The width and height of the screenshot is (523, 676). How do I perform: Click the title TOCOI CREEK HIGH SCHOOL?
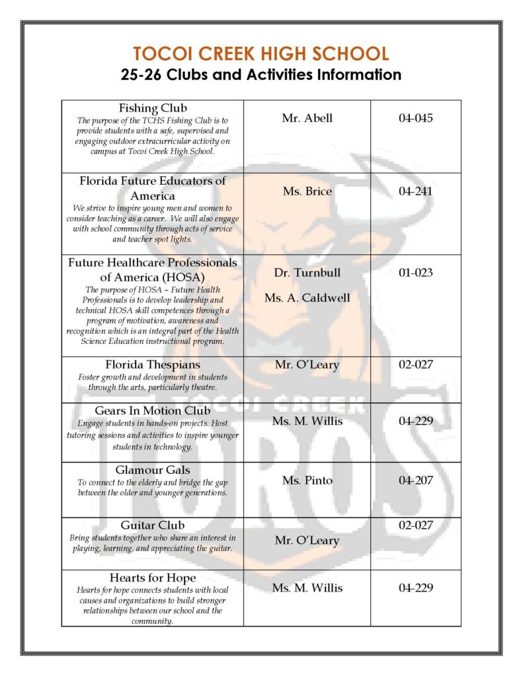point(261,53)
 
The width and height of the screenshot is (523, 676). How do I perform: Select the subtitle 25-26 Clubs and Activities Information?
point(261,74)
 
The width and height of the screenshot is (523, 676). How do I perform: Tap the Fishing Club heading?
point(153,108)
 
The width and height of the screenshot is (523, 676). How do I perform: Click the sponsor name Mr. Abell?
point(307,119)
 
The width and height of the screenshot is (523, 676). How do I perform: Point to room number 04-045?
point(415,119)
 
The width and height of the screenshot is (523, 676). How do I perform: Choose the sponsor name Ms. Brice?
point(307,191)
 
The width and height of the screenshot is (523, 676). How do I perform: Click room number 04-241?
point(415,191)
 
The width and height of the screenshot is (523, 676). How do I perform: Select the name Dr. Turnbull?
point(307,273)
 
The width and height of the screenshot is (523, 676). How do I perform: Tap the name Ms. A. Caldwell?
point(307,298)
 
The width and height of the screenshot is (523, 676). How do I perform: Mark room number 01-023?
point(415,273)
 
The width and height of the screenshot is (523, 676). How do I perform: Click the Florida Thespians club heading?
point(153,365)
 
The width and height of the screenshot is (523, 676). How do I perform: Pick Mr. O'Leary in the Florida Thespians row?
point(307,365)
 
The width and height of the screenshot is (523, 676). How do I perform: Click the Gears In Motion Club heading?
point(153,411)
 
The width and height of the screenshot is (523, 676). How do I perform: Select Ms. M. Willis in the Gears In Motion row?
point(307,421)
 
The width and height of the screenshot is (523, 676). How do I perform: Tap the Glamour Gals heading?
point(153,470)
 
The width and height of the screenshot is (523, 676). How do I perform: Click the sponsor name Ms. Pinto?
point(307,481)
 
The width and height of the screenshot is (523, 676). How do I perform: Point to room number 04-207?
point(415,481)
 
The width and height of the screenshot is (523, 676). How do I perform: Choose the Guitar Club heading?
point(153,525)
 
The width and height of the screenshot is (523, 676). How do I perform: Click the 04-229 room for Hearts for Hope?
point(415,588)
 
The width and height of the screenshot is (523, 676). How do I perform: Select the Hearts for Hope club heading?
point(153,578)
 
